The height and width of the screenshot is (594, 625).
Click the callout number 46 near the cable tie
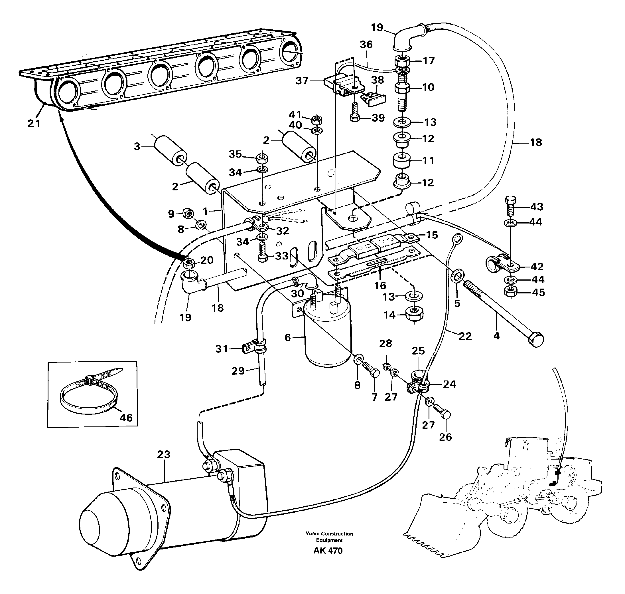tap(126, 418)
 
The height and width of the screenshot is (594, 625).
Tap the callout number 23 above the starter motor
tap(164, 454)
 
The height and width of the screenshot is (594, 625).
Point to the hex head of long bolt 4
tap(535, 340)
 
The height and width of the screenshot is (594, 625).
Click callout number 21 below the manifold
tap(34, 123)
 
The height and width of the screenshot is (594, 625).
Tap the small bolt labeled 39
tap(355, 113)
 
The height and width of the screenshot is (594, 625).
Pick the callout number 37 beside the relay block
tap(302, 81)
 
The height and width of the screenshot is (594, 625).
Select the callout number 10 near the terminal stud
tap(428, 87)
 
